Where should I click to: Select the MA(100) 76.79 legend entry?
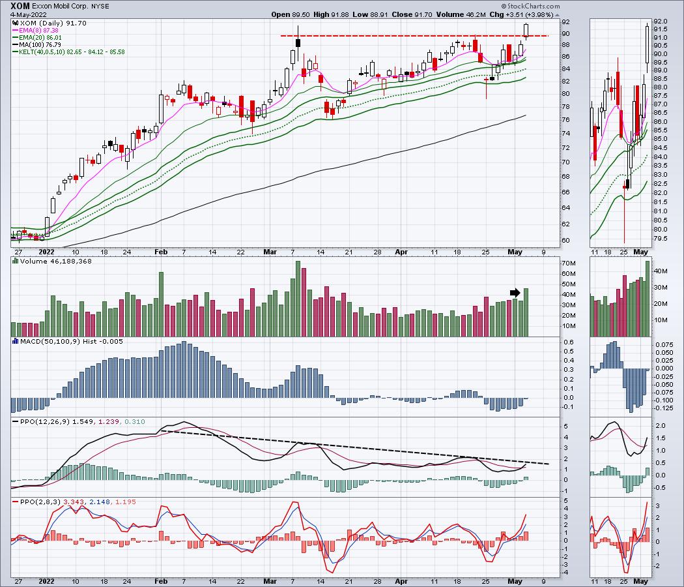[x=40, y=44]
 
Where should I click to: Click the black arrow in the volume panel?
[x=515, y=293]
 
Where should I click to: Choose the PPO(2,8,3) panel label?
[x=36, y=503]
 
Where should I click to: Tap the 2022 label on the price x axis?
[x=47, y=251]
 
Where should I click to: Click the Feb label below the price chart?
[x=160, y=251]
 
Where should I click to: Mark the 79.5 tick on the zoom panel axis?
[x=661, y=238]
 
